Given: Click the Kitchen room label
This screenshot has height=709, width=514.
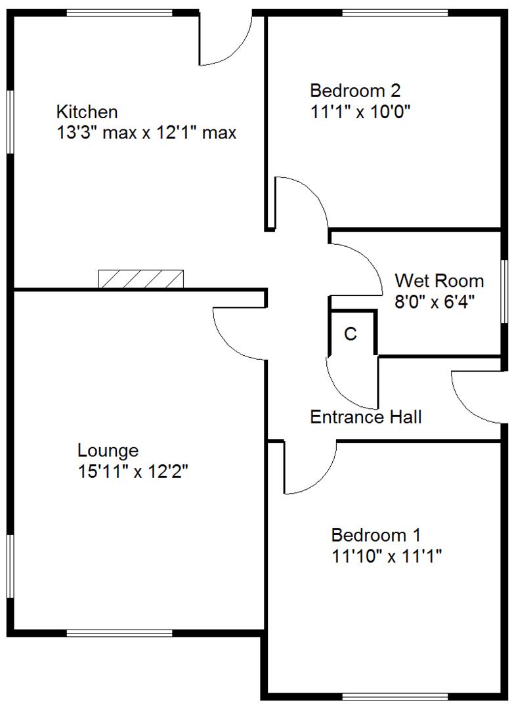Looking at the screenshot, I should click(87, 111).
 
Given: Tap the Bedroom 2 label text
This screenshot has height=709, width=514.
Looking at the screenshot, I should click(355, 90).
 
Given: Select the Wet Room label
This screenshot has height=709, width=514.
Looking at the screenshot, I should click(439, 281).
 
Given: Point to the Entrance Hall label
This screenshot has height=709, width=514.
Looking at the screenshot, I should click(366, 417).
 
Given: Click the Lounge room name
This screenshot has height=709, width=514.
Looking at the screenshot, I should click(108, 451).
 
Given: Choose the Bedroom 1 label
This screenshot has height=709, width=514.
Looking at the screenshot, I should click(376, 534).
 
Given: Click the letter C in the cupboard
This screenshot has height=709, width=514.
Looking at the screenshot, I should click(351, 334).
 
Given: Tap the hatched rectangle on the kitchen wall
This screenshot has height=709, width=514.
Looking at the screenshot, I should click(140, 279).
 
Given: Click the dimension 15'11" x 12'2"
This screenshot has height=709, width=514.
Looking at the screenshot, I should click(133, 472).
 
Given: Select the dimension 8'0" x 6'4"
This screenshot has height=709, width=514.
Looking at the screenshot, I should click(435, 302).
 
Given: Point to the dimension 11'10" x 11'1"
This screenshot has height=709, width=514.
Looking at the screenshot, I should click(386, 556).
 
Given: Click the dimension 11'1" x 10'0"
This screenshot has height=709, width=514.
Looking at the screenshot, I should click(360, 111).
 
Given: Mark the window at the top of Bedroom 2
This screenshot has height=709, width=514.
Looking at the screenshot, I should click(396, 12).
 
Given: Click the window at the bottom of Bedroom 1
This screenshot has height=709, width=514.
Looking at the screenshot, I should click(396, 696).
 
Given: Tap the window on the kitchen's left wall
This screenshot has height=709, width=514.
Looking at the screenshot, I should click(11, 121).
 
